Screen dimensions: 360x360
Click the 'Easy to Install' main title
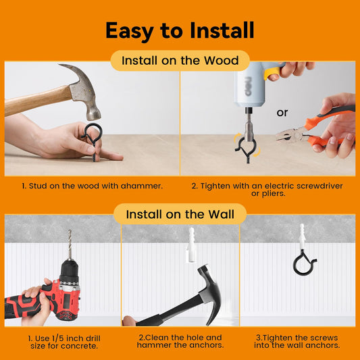[x=180, y=30]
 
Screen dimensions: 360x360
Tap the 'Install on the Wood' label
[x=180, y=61]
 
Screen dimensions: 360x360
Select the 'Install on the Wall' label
[x=180, y=214]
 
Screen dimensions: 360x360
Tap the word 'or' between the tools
[x=282, y=113]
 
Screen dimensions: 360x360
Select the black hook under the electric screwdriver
[x=247, y=149]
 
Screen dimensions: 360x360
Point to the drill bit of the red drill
[x=70, y=245]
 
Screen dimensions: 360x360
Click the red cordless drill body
[x=46, y=297]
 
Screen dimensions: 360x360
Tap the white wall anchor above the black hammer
[x=191, y=245]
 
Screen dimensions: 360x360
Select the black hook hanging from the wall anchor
[x=304, y=263]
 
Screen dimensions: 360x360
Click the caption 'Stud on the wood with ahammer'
[x=93, y=186]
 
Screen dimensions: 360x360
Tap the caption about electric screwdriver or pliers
[x=267, y=189]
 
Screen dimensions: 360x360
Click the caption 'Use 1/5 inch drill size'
[x=64, y=342]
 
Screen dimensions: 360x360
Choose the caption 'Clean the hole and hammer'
[x=180, y=341]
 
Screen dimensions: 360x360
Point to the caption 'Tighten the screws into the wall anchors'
[x=297, y=341]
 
